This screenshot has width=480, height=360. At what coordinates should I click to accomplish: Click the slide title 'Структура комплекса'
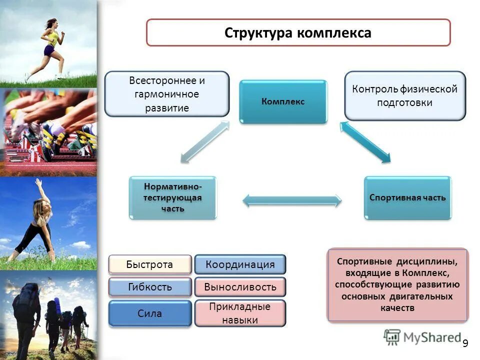298,33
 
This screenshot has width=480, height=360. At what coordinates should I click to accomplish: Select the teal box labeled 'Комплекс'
283,101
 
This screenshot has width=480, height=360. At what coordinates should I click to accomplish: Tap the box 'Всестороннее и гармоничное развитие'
166,94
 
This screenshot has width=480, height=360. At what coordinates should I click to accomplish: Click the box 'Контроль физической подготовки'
404,95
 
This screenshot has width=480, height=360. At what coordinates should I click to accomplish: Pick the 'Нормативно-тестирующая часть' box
173,197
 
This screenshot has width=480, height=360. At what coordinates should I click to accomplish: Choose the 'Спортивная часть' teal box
407,197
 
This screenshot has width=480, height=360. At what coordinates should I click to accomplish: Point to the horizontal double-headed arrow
292,201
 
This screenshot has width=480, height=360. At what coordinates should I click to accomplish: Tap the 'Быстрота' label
150,264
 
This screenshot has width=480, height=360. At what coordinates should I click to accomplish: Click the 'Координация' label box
240,264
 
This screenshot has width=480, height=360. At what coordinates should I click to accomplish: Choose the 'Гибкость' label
150,287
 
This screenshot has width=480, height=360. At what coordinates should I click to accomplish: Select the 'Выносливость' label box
240,287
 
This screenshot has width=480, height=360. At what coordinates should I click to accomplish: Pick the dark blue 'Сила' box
150,313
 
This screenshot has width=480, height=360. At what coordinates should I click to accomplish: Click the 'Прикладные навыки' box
240,313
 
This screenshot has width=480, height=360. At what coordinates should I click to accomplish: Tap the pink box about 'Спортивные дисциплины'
397,284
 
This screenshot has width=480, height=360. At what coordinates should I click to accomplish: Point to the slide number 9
465,343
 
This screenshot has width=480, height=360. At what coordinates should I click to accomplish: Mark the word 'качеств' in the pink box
397,308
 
